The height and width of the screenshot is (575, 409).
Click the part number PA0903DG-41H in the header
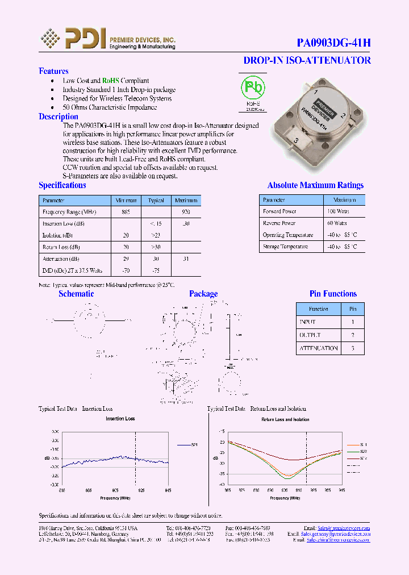click(334, 43)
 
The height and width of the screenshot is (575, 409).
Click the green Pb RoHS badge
click(253, 89)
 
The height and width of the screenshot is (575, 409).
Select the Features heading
click(53, 71)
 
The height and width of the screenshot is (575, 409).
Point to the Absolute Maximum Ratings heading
click(315, 185)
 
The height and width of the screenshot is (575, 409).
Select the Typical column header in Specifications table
click(156, 201)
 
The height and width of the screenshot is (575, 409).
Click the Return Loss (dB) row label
click(61, 247)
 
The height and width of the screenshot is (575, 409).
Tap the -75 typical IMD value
click(156, 271)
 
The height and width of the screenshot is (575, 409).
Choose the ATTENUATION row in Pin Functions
click(318, 348)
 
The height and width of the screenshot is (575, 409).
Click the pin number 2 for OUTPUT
click(353, 335)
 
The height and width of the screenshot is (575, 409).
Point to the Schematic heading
click(76, 294)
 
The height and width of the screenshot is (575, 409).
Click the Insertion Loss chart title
click(120, 419)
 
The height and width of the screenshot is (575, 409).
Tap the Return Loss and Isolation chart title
click(285, 419)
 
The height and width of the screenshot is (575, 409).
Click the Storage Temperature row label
click(285, 247)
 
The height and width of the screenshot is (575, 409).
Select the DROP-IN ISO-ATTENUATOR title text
click(307, 60)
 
